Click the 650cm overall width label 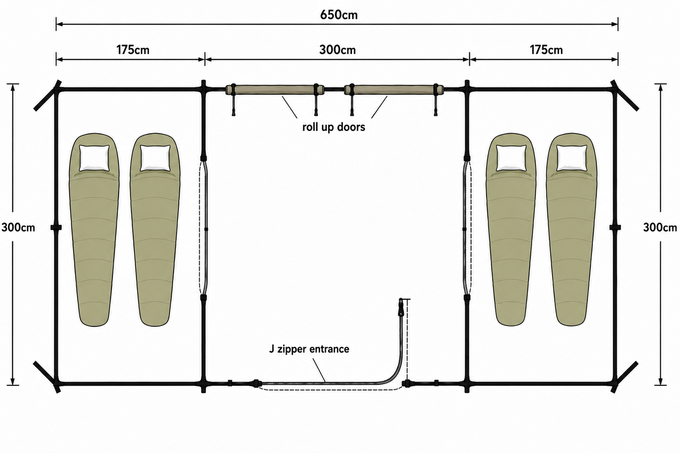(339, 15)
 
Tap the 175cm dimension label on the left (133, 50)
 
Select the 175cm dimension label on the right (546, 50)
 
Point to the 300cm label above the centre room (337, 50)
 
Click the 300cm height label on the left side (18, 228)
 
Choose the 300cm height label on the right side (660, 228)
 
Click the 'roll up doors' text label (334, 127)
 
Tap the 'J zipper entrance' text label (309, 349)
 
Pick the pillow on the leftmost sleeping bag (94, 158)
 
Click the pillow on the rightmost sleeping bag (571, 158)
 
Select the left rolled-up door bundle (275, 90)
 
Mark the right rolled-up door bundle (394, 90)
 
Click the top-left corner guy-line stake (48, 95)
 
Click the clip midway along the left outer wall (56, 228)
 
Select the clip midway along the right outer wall (615, 228)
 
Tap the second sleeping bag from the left (155, 230)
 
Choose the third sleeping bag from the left (511, 230)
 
